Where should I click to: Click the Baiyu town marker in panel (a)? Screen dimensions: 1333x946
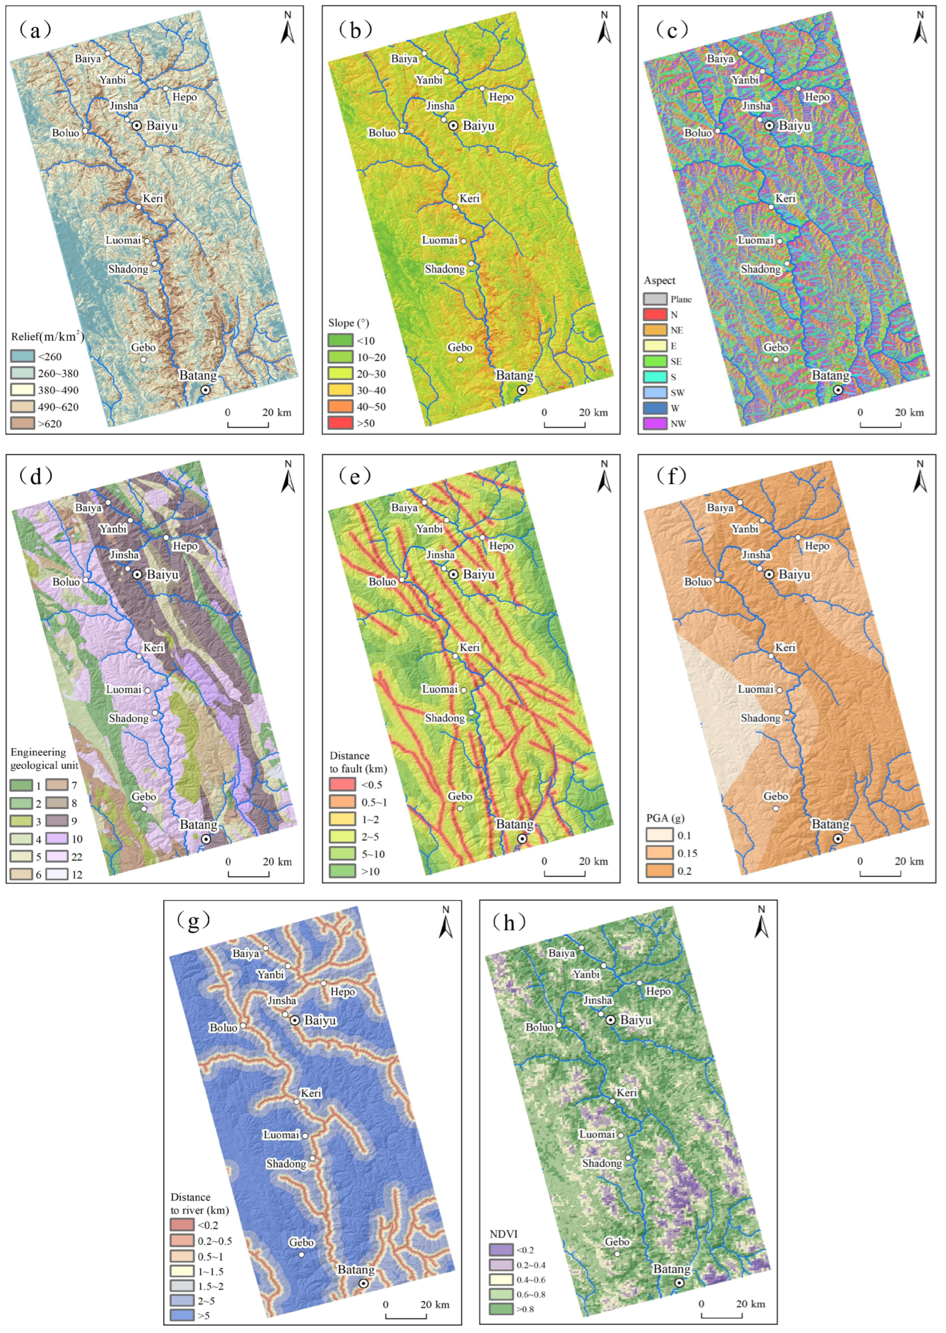point(137,125)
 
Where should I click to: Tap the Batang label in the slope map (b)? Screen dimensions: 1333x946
point(515,376)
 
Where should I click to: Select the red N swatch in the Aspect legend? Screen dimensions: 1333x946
point(655,315)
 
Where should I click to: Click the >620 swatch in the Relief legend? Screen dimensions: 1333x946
point(22,423)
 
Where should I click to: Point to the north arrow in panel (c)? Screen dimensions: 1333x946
point(920,28)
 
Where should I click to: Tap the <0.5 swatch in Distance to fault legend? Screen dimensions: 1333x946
point(342,784)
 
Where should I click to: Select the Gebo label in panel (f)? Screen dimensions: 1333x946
point(776,796)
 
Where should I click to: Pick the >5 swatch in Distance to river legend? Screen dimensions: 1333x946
point(182,1315)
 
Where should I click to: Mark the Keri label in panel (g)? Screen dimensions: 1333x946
point(311,1093)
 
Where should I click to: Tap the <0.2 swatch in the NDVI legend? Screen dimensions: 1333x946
point(500,1250)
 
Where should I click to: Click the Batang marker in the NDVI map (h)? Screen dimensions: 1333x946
point(679,1283)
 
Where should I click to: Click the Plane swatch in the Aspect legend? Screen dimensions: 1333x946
point(655,299)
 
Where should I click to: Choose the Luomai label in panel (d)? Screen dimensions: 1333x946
point(124,689)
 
